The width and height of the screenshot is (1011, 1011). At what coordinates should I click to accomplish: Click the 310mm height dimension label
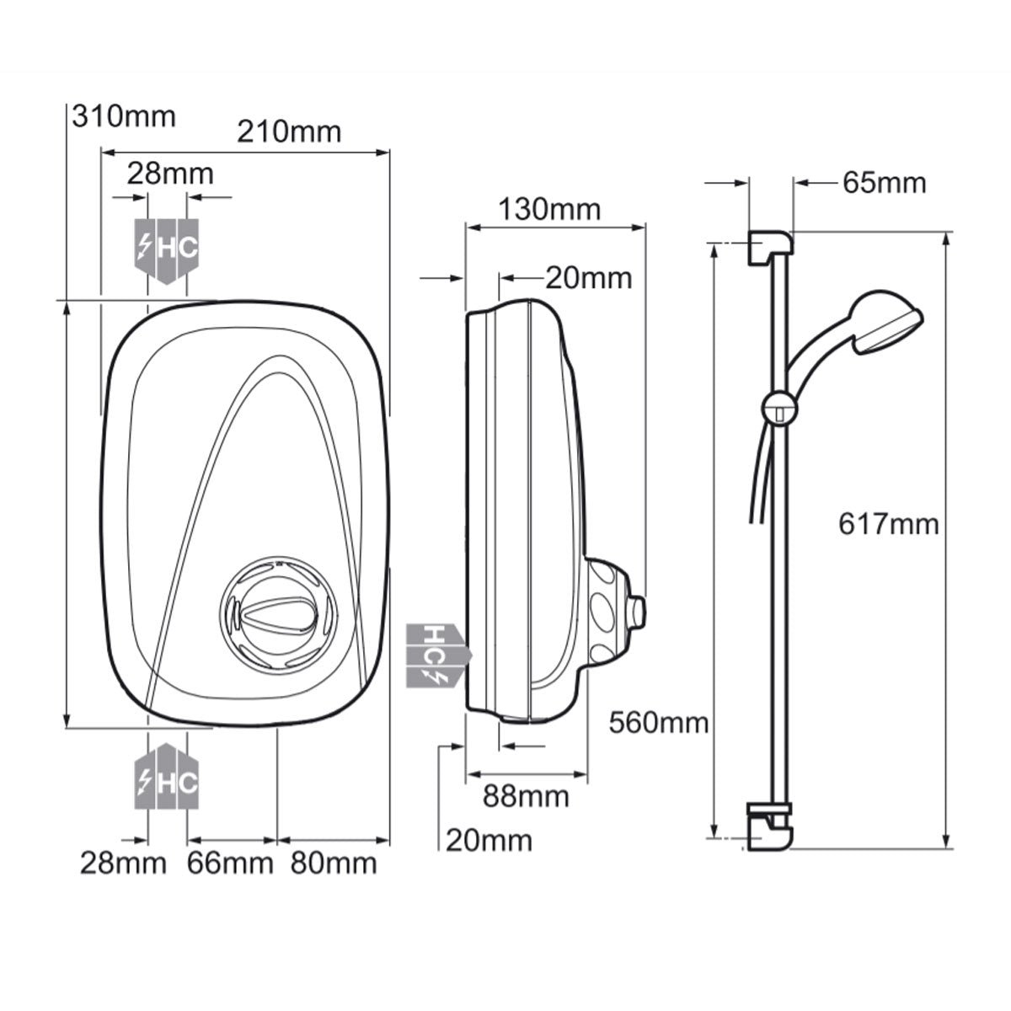pos(125,115)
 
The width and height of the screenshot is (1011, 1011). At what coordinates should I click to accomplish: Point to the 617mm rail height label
pos(888,524)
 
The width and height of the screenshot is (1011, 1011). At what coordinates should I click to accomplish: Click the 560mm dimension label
pos(659,722)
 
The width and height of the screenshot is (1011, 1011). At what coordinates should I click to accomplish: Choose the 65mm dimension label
pos(884,183)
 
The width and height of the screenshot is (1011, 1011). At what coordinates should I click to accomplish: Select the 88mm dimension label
pos(526,795)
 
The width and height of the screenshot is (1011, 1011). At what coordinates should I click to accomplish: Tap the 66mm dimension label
pos(230,863)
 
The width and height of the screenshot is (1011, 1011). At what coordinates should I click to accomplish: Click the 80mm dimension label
pos(334,863)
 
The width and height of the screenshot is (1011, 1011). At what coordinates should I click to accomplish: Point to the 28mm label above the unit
pos(170,174)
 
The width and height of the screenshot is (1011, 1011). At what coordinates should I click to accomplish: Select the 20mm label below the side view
pos(489,840)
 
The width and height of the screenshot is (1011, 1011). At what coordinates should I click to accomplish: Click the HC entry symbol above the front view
pos(167,248)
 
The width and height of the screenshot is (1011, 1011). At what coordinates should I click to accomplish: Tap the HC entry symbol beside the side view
pos(436,653)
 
